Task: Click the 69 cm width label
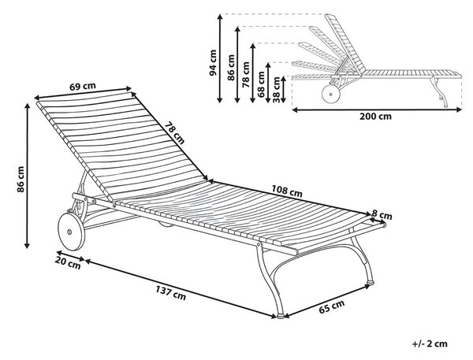[82, 86]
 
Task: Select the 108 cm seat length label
[287, 191]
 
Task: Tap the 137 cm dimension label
[171, 293]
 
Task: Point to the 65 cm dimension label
[332, 306]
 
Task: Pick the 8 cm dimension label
[382, 215]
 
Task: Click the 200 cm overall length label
[375, 117]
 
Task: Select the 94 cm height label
[214, 63]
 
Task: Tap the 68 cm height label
[261, 84]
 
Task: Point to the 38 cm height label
[276, 90]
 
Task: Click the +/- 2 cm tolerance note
[430, 343]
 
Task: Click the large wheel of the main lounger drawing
[71, 232]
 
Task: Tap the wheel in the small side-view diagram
[331, 94]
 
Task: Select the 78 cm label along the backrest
[174, 132]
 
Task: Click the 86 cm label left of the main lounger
[20, 179]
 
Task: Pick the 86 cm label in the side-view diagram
[231, 68]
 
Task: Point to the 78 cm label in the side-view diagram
[246, 75]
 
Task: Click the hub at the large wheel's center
[69, 232]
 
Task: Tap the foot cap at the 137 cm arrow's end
[281, 317]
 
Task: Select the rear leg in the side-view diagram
[439, 92]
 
